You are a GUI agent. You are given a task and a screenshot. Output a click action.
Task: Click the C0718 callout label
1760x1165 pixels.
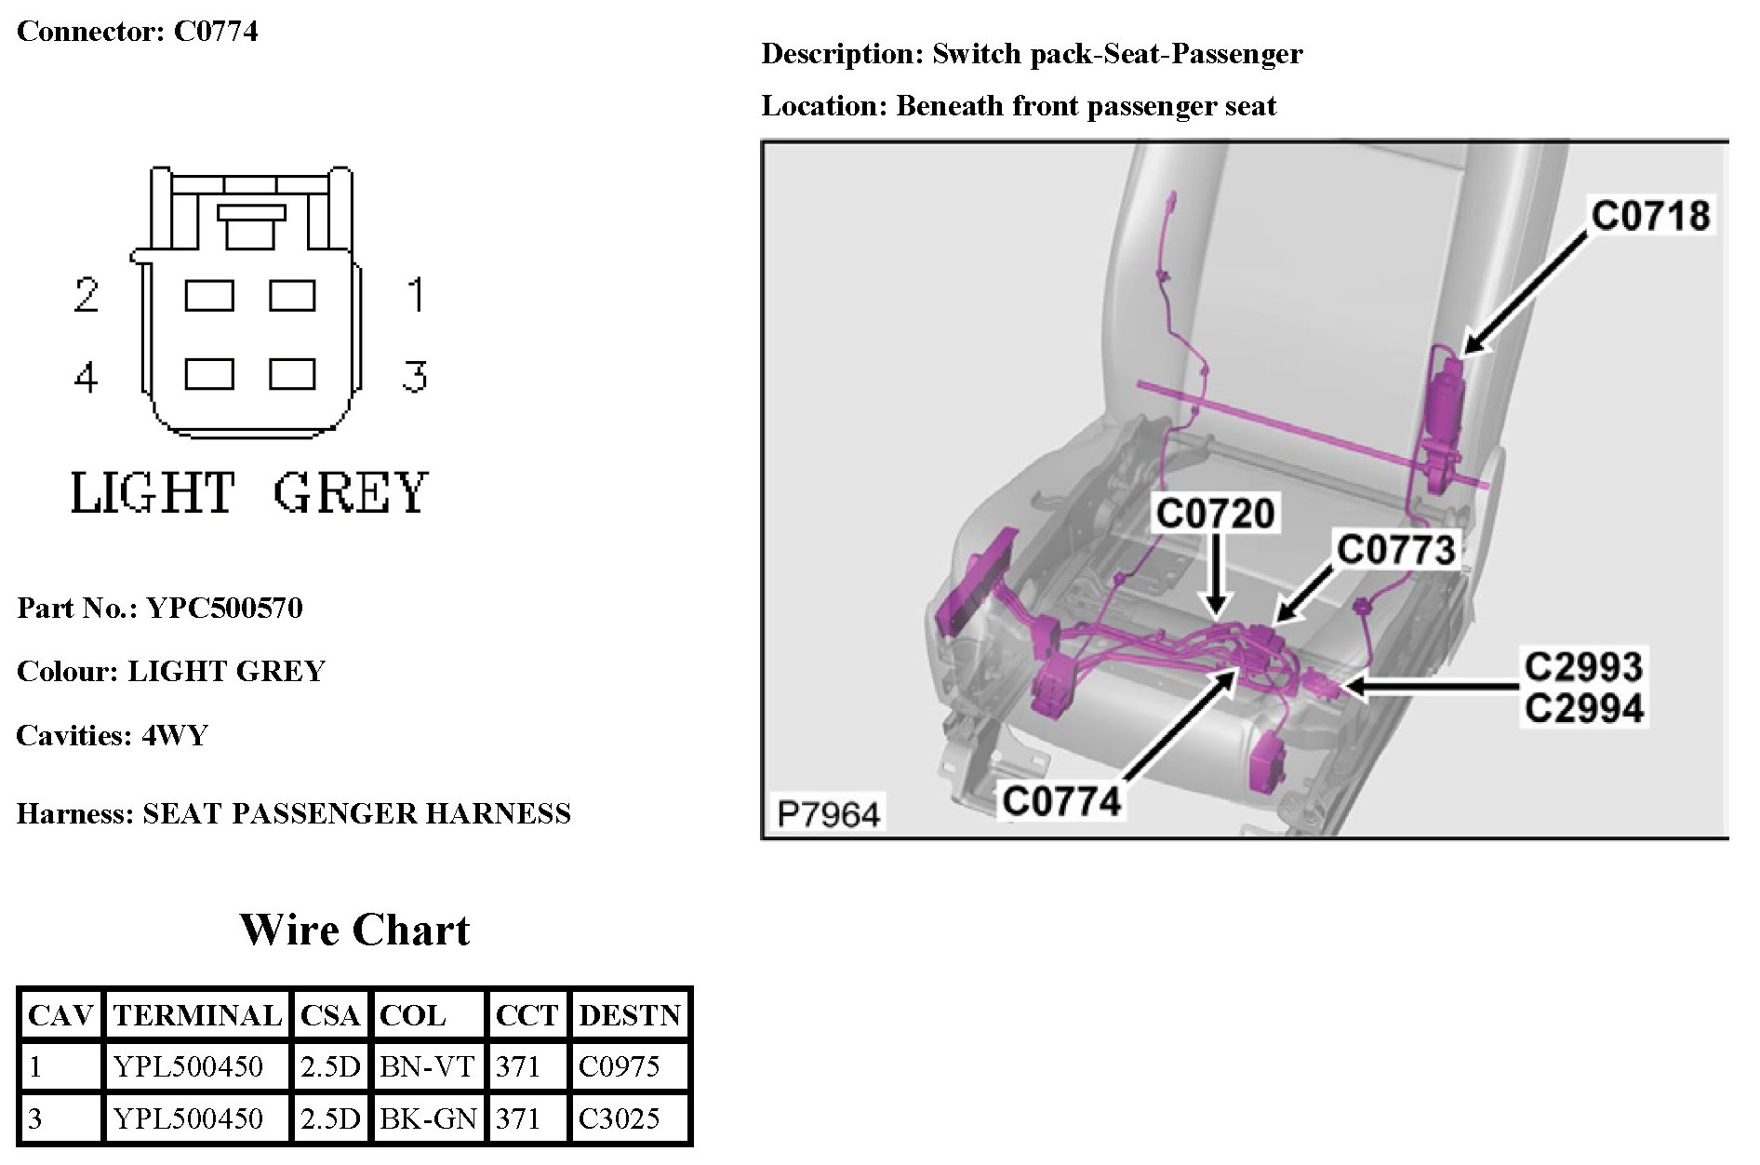click(1649, 215)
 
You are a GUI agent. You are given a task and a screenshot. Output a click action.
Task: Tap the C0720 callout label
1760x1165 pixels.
click(1214, 514)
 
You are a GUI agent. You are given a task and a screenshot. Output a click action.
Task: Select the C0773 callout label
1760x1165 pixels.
click(1394, 549)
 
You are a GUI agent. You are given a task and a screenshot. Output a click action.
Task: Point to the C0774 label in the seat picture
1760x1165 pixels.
click(1061, 800)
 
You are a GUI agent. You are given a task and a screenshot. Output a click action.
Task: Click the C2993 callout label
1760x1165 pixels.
click(1583, 667)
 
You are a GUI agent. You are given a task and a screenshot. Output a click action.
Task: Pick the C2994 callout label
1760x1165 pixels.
click(1583, 708)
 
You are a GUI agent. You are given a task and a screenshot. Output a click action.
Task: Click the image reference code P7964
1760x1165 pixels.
click(828, 814)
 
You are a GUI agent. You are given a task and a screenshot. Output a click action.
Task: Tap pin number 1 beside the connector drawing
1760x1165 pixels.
click(415, 295)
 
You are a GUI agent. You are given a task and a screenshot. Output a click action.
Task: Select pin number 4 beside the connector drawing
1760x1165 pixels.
click(86, 378)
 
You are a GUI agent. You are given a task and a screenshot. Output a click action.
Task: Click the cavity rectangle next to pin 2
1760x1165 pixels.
click(208, 296)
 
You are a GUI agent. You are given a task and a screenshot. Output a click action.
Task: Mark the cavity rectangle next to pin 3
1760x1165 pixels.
click(292, 374)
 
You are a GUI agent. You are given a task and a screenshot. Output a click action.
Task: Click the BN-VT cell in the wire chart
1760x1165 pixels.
click(428, 1066)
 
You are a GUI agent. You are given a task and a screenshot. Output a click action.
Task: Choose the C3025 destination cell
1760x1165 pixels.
click(619, 1118)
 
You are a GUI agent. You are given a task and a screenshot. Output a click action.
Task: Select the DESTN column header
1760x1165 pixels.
click(630, 1015)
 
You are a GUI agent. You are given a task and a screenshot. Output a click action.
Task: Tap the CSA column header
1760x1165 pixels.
click(329, 1015)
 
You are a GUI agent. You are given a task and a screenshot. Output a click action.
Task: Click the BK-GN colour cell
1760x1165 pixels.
click(428, 1118)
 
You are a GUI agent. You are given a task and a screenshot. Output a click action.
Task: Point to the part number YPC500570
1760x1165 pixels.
click(224, 608)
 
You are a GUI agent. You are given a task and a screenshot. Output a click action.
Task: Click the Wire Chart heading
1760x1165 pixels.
click(354, 930)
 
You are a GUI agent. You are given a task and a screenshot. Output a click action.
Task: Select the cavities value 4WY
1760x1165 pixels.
click(174, 735)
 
